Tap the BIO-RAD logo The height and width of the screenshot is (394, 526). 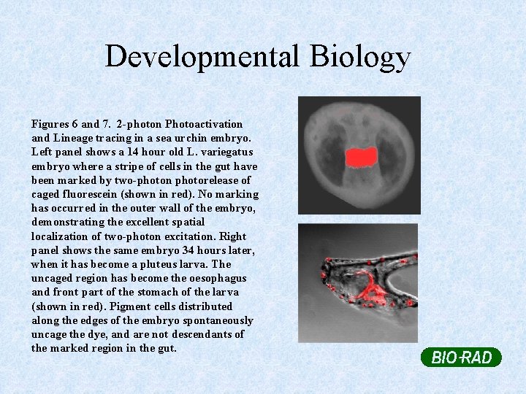461,358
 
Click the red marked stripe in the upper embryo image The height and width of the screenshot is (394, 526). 360,156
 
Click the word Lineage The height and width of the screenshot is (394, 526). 75,138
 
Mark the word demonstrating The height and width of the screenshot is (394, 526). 68,222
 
